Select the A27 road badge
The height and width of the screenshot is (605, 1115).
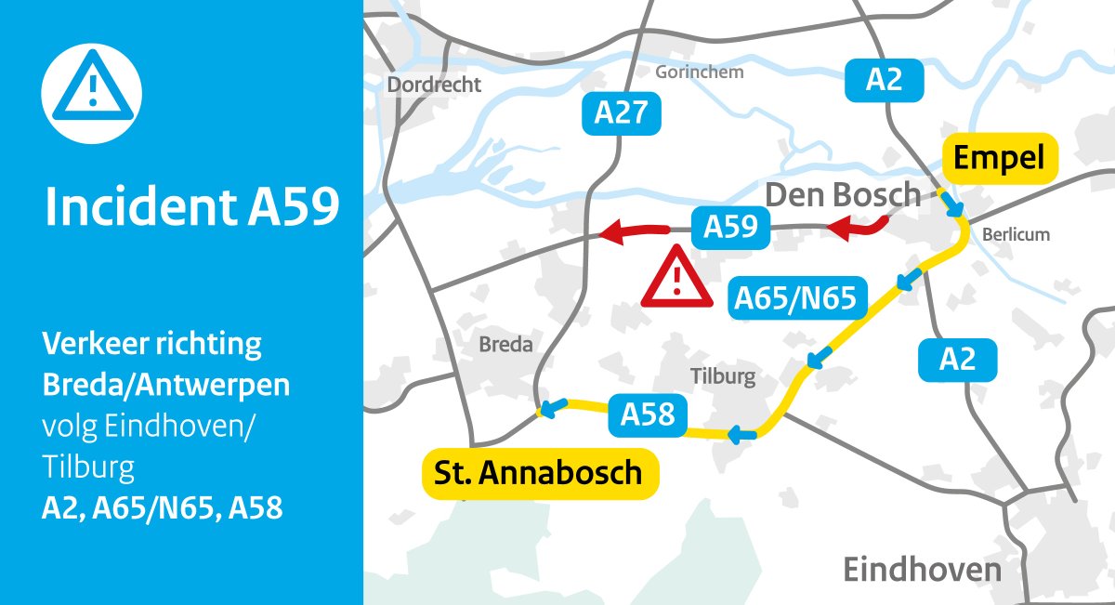click(x=621, y=113)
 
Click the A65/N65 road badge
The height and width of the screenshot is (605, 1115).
click(x=795, y=298)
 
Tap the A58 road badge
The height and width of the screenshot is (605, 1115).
click(x=648, y=414)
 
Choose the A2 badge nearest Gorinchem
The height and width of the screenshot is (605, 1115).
click(x=885, y=80)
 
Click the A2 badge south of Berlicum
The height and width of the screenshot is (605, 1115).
click(x=958, y=359)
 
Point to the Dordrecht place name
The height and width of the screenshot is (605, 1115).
click(x=434, y=85)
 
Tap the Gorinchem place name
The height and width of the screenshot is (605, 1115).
click(x=700, y=72)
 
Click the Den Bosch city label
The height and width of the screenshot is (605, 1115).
click(x=842, y=195)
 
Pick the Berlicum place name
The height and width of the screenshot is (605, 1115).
click(x=1016, y=234)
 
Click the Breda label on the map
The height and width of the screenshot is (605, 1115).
click(x=506, y=345)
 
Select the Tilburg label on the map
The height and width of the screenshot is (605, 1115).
click(x=724, y=377)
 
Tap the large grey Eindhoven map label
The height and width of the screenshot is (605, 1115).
click(x=922, y=569)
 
